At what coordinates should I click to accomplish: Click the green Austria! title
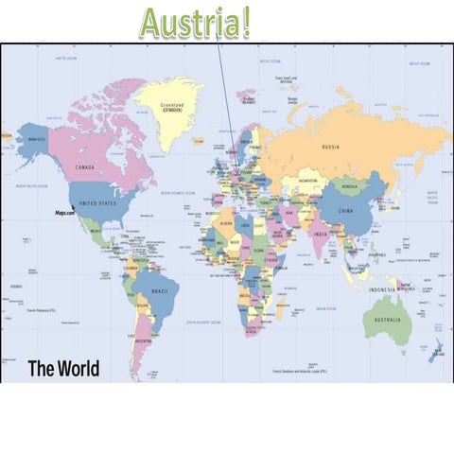point(196,22)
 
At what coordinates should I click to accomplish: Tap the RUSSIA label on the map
point(331,148)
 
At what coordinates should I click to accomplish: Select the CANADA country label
point(85,167)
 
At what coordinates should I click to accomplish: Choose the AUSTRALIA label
point(387,319)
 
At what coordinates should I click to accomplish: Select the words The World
point(63,368)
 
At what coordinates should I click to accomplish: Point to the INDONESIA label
point(383,289)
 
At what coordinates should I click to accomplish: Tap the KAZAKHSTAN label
point(307,180)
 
